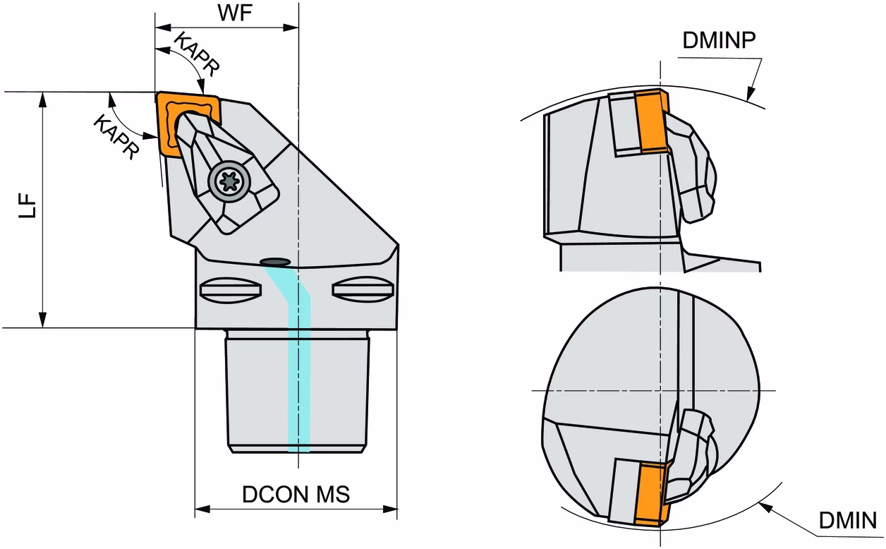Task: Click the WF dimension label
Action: (x=235, y=13)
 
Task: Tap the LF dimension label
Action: (x=28, y=205)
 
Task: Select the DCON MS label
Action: (x=296, y=495)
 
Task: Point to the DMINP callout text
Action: (x=719, y=40)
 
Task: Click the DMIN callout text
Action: (x=848, y=520)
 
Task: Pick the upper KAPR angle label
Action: (x=197, y=54)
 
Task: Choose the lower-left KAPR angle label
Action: (x=116, y=137)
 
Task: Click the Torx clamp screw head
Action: (x=229, y=181)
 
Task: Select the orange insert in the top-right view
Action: (x=653, y=121)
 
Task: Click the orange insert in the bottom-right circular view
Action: (x=652, y=493)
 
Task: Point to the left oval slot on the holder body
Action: (x=231, y=290)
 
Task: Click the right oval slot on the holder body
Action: (x=363, y=289)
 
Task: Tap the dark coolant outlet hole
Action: (x=276, y=262)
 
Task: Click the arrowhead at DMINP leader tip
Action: (x=750, y=94)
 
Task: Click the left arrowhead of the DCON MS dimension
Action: (x=202, y=509)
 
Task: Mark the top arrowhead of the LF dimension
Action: (x=43, y=99)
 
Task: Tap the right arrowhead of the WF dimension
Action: (x=291, y=28)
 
